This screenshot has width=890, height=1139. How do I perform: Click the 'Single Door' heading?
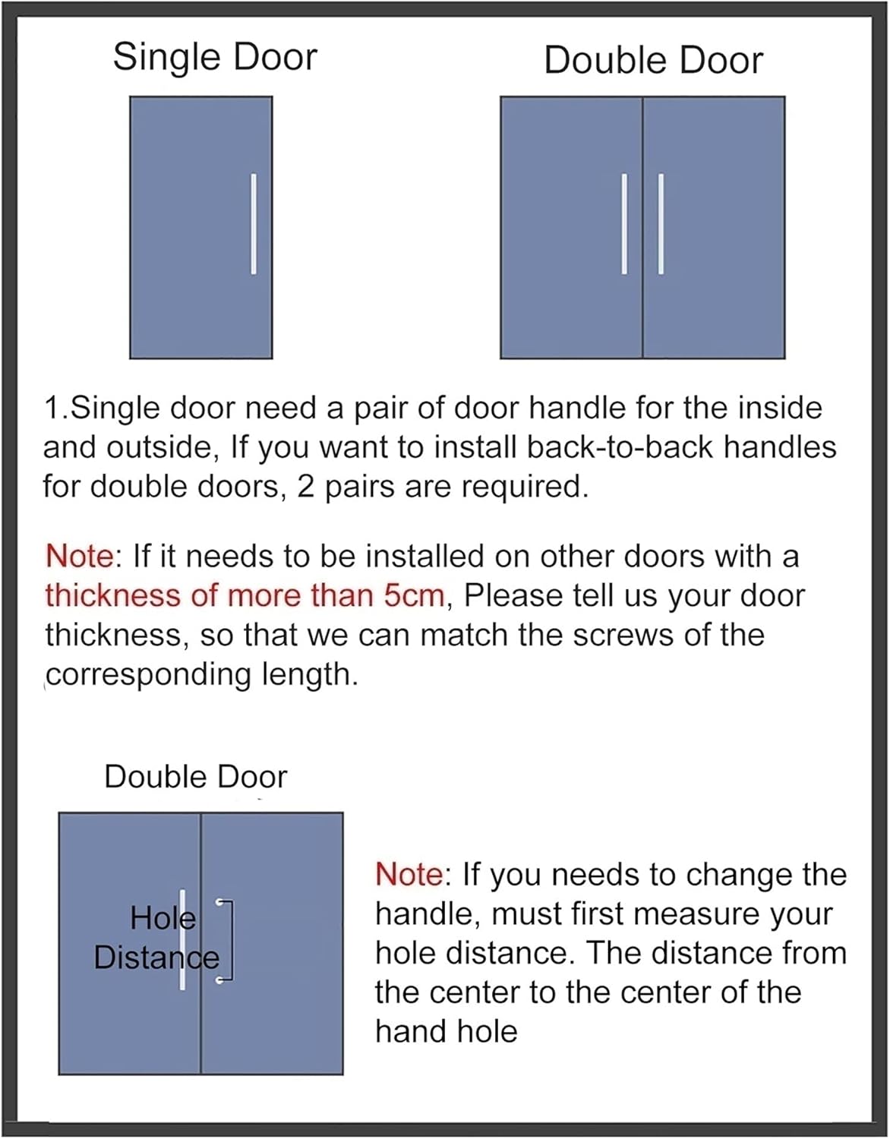pyautogui.click(x=215, y=58)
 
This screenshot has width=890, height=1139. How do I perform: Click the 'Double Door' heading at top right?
pyautogui.click(x=653, y=61)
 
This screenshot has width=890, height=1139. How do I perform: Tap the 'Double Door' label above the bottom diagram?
pyautogui.click(x=195, y=777)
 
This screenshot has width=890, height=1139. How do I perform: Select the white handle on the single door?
pyautogui.click(x=254, y=223)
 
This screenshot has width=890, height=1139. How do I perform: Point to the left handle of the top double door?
pyautogui.click(x=624, y=223)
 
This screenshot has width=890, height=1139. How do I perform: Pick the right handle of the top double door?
pyautogui.click(x=661, y=223)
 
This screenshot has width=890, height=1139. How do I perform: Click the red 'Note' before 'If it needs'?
pyautogui.click(x=79, y=556)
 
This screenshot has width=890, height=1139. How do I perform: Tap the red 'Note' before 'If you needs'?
pyautogui.click(x=409, y=874)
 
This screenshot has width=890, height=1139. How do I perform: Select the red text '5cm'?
pyautogui.click(x=413, y=595)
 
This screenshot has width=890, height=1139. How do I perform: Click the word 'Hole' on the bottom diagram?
pyautogui.click(x=163, y=918)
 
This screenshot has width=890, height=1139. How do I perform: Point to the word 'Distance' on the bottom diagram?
pyautogui.click(x=156, y=958)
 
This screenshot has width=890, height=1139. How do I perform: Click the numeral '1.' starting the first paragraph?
pyautogui.click(x=56, y=408)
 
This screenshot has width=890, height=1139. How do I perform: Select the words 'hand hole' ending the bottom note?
pyautogui.click(x=446, y=1031)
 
